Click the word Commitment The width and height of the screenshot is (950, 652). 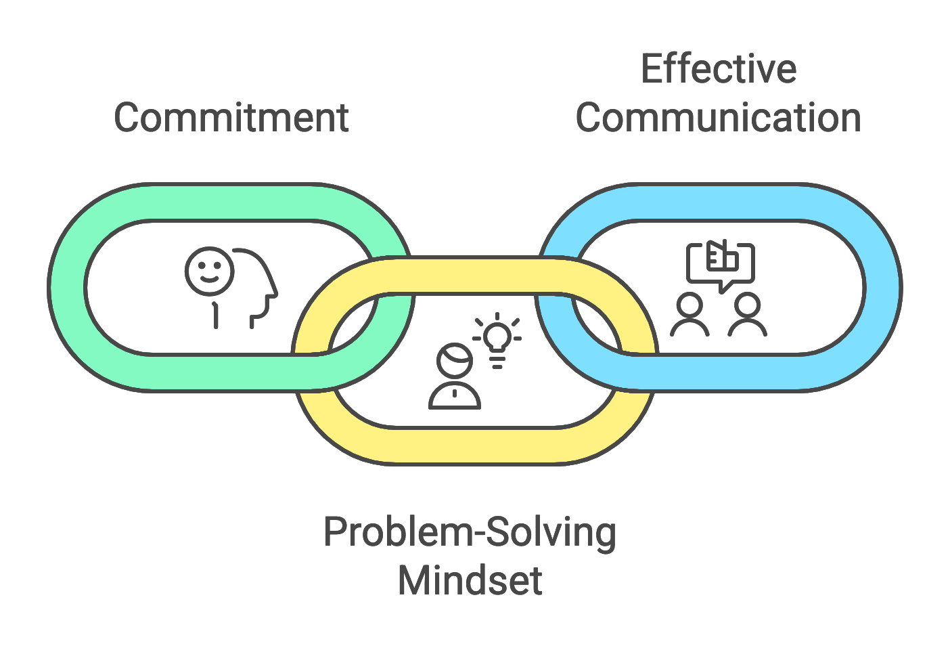tap(231, 118)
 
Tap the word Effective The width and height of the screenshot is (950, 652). tap(718, 69)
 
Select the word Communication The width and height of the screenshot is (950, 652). tap(718, 118)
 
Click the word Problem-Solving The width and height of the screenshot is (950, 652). tap(470, 532)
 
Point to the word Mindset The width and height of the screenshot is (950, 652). tap(470, 581)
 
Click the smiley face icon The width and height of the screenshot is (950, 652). tap(209, 271)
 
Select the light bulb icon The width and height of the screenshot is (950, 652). tap(497, 339)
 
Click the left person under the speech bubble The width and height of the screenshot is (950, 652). tap(689, 315)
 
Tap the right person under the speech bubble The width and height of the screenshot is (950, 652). tap(747, 315)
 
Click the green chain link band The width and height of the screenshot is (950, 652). tap(68, 288)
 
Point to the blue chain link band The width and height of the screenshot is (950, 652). tap(882, 288)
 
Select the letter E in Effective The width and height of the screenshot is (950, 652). tap(651, 69)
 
